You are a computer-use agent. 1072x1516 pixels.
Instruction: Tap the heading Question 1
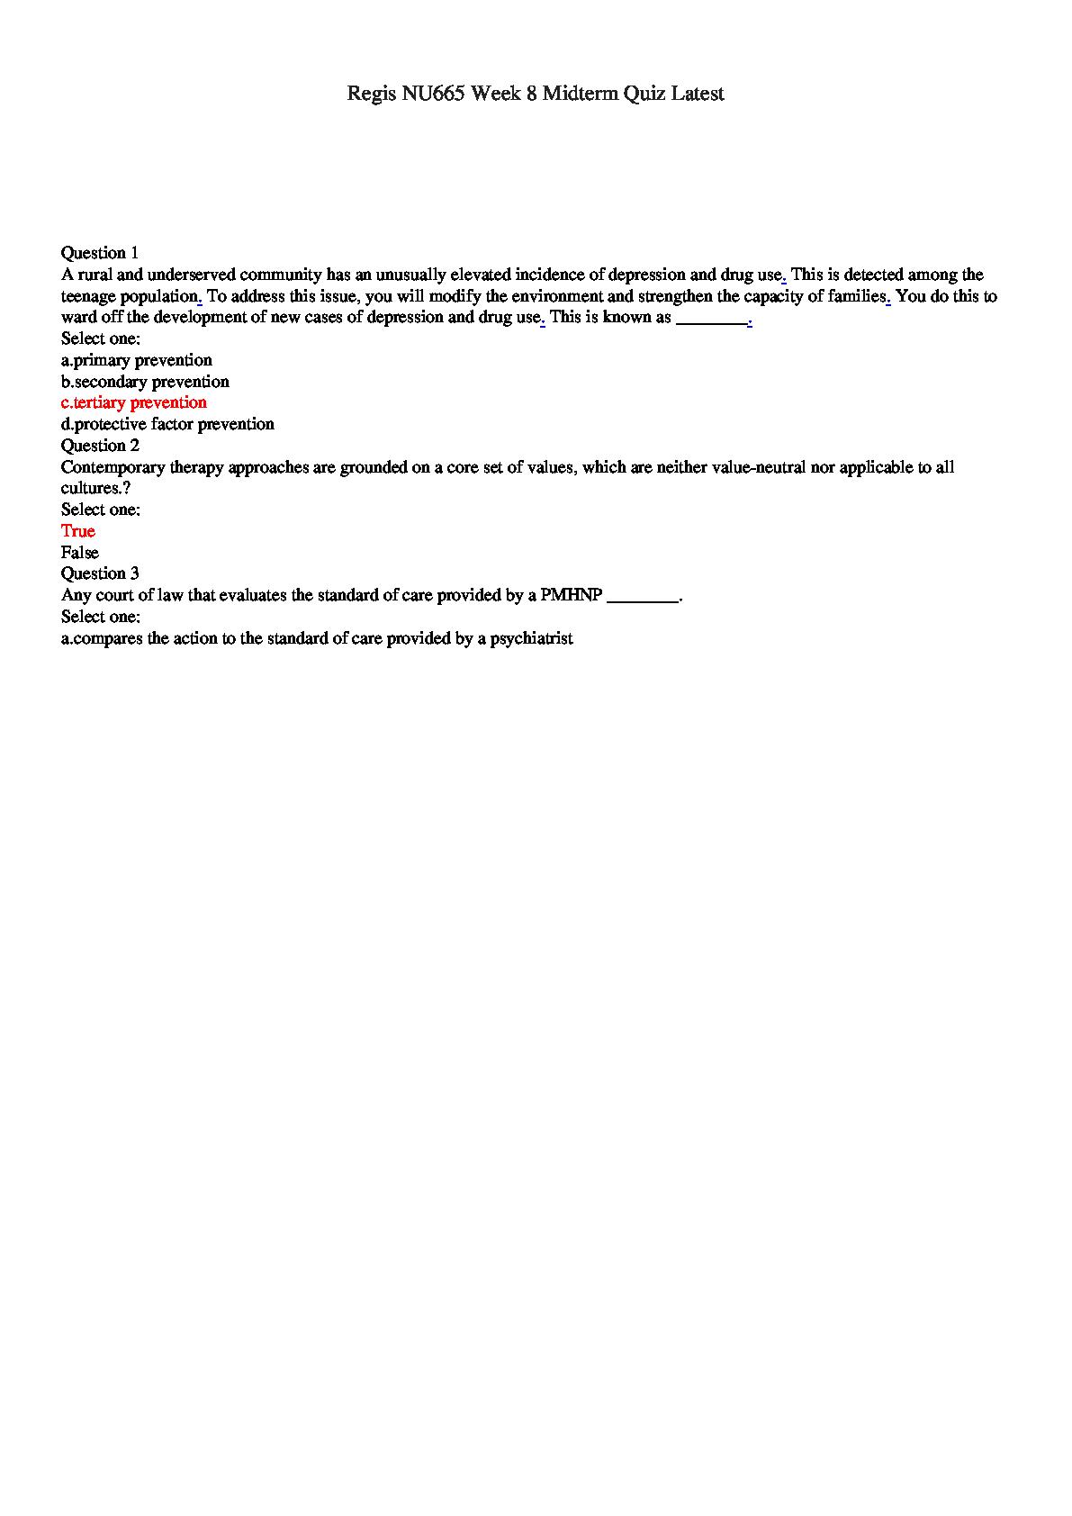(100, 253)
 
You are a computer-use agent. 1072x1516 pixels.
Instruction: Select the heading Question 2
(100, 446)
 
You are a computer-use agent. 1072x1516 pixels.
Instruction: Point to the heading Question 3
(100, 573)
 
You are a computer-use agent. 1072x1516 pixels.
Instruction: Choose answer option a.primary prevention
(137, 360)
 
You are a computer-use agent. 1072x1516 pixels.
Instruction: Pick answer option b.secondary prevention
(145, 382)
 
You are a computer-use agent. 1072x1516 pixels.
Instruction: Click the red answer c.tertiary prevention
(134, 402)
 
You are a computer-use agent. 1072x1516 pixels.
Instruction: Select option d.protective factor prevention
(167, 424)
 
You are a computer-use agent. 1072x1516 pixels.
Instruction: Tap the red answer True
(78, 531)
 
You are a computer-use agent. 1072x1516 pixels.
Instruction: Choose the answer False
(80, 553)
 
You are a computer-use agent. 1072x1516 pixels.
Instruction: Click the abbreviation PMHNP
(572, 596)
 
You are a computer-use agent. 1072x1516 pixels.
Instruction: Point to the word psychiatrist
(531, 639)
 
